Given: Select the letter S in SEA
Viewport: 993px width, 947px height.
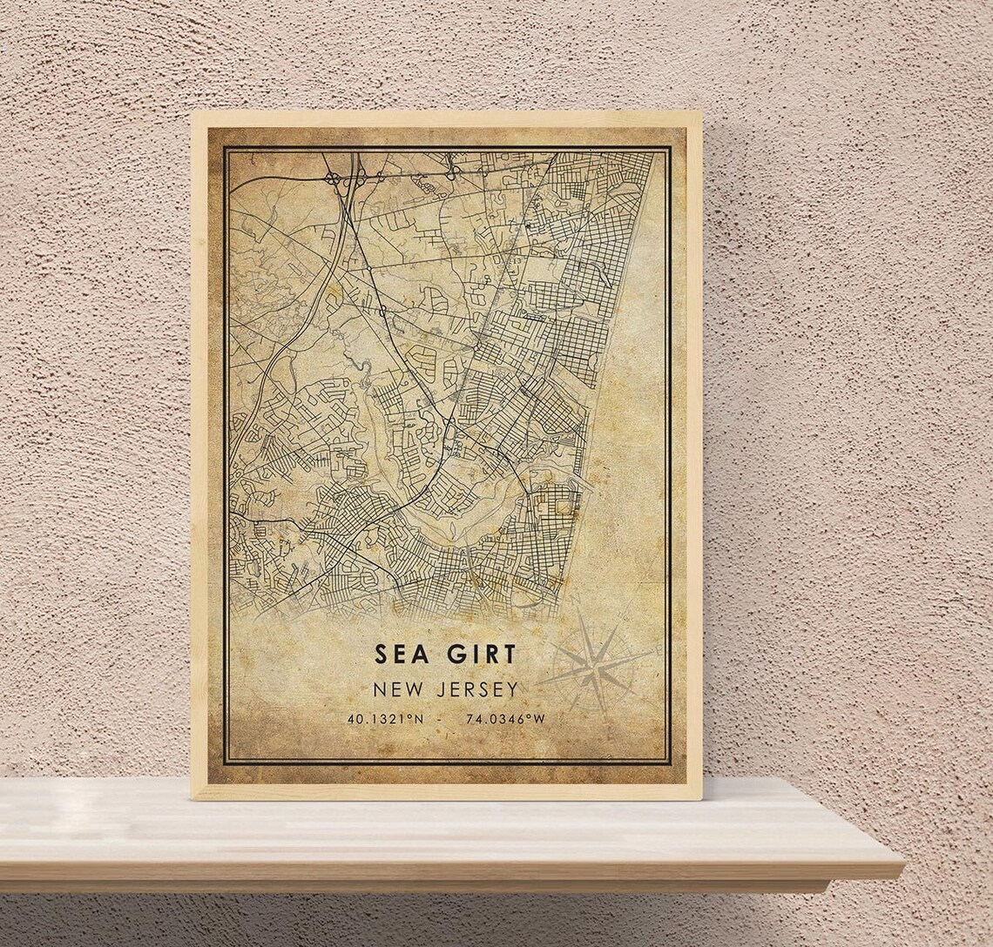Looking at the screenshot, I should (381, 653).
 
